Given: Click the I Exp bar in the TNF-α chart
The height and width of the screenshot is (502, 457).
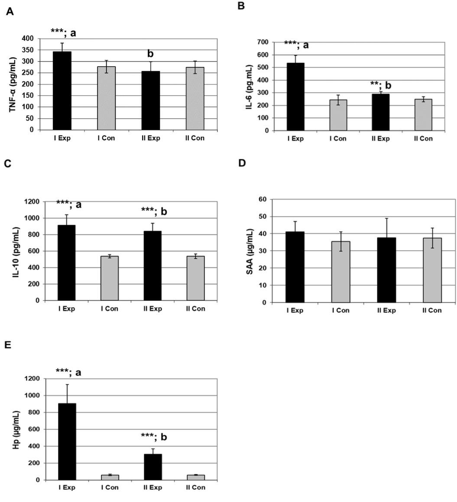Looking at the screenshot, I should (62, 90).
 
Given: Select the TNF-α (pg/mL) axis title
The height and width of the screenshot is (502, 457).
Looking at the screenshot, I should (13, 84).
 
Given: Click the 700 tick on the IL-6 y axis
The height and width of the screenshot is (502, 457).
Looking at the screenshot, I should (262, 42).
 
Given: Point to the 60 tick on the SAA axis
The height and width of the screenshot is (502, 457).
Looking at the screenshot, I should (262, 200).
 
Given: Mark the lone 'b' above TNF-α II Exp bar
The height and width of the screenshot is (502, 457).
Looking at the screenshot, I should (150, 54).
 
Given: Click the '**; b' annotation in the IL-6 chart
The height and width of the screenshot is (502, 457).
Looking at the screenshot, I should (380, 84).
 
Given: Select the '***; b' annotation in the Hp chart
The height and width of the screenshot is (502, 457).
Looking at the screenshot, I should (154, 437).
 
